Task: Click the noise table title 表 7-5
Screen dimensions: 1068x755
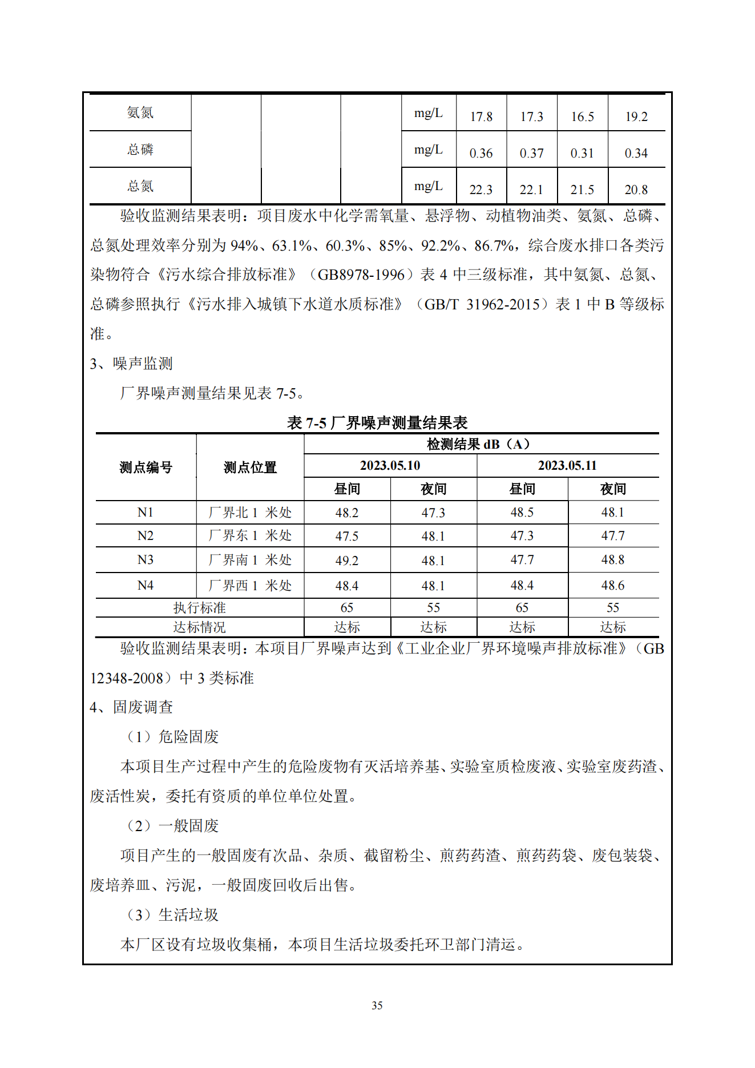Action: pos(377,422)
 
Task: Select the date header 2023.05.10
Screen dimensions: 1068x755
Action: pos(390,465)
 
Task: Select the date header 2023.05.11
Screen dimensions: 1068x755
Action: pos(567,465)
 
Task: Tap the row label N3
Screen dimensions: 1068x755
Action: pos(146,560)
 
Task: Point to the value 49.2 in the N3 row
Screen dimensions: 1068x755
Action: pos(347,561)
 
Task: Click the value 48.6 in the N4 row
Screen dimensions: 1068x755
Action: pos(613,585)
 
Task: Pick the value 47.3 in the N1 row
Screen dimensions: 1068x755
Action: pos(433,513)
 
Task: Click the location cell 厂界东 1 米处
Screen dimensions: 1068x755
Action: pos(250,535)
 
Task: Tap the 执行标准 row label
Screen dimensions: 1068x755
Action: pos(199,607)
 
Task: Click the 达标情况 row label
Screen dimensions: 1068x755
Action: pos(199,627)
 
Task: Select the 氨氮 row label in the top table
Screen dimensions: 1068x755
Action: pos(140,112)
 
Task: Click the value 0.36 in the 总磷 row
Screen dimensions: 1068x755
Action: pos(481,153)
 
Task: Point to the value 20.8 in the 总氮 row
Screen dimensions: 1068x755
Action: pos(636,190)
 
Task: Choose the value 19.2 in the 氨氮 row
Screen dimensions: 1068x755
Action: pos(636,116)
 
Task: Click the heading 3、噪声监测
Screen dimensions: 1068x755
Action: pos(131,363)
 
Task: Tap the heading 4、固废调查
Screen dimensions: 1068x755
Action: pos(131,707)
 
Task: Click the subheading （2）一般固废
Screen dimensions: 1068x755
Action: pos(172,825)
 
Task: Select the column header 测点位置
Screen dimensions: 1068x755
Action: pos(250,467)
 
